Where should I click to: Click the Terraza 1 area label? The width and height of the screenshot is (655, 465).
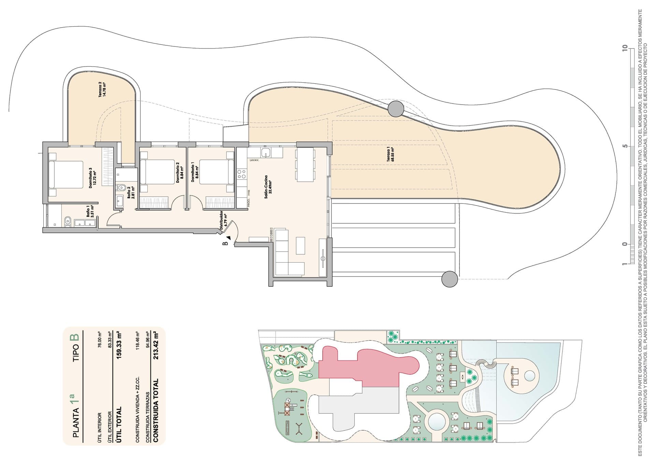pyautogui.click(x=390, y=155)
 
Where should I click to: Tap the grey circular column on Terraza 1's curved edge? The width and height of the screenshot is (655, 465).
pyautogui.click(x=396, y=109)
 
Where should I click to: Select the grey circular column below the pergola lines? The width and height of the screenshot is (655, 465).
pyautogui.click(x=449, y=279)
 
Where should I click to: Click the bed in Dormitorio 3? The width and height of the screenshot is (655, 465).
pyautogui.click(x=66, y=174)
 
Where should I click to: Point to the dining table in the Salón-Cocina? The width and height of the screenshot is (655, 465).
pyautogui.click(x=305, y=165)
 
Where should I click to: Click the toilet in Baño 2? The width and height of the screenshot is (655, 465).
pyautogui.click(x=121, y=187)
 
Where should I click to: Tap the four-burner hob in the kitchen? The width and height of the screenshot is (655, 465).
pyautogui.click(x=242, y=174)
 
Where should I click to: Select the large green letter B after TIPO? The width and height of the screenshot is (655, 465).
pyautogui.click(x=74, y=338)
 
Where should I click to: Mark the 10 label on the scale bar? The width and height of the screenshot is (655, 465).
pyautogui.click(x=625, y=48)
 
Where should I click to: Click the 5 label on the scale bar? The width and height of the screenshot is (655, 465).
pyautogui.click(x=625, y=146)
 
